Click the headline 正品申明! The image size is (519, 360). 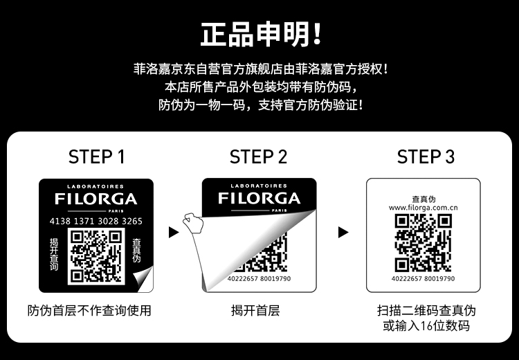[261, 34]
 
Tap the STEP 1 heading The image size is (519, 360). [97, 156]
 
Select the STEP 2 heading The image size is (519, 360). [258, 156]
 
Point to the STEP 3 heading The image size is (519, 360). [426, 156]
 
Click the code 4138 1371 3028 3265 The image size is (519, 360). [96, 222]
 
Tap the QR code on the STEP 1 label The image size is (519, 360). [96, 256]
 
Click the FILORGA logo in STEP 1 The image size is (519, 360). [96, 199]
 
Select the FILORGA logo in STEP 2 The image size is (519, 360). [259, 198]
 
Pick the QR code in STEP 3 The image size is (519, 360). [424, 243]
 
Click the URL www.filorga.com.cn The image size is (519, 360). [424, 208]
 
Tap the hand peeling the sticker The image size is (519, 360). [193, 222]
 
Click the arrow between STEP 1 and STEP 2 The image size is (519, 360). [174, 232]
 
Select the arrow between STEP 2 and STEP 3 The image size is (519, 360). [343, 232]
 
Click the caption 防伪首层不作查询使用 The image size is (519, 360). [89, 311]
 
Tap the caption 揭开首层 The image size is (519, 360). [255, 311]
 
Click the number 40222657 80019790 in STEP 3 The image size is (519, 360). [424, 278]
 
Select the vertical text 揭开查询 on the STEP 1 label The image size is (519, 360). [54, 254]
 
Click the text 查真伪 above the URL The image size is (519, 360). [424, 199]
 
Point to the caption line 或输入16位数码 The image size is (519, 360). [426, 326]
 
